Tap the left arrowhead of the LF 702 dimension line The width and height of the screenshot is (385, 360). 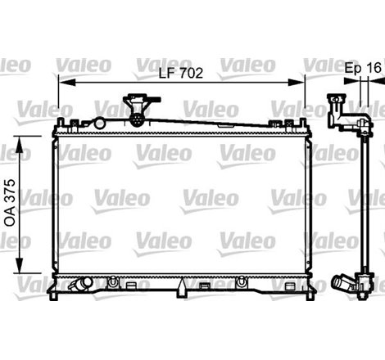(62, 82)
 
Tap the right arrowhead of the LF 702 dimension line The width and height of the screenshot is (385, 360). (300, 82)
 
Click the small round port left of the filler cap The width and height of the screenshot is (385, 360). (99, 123)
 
